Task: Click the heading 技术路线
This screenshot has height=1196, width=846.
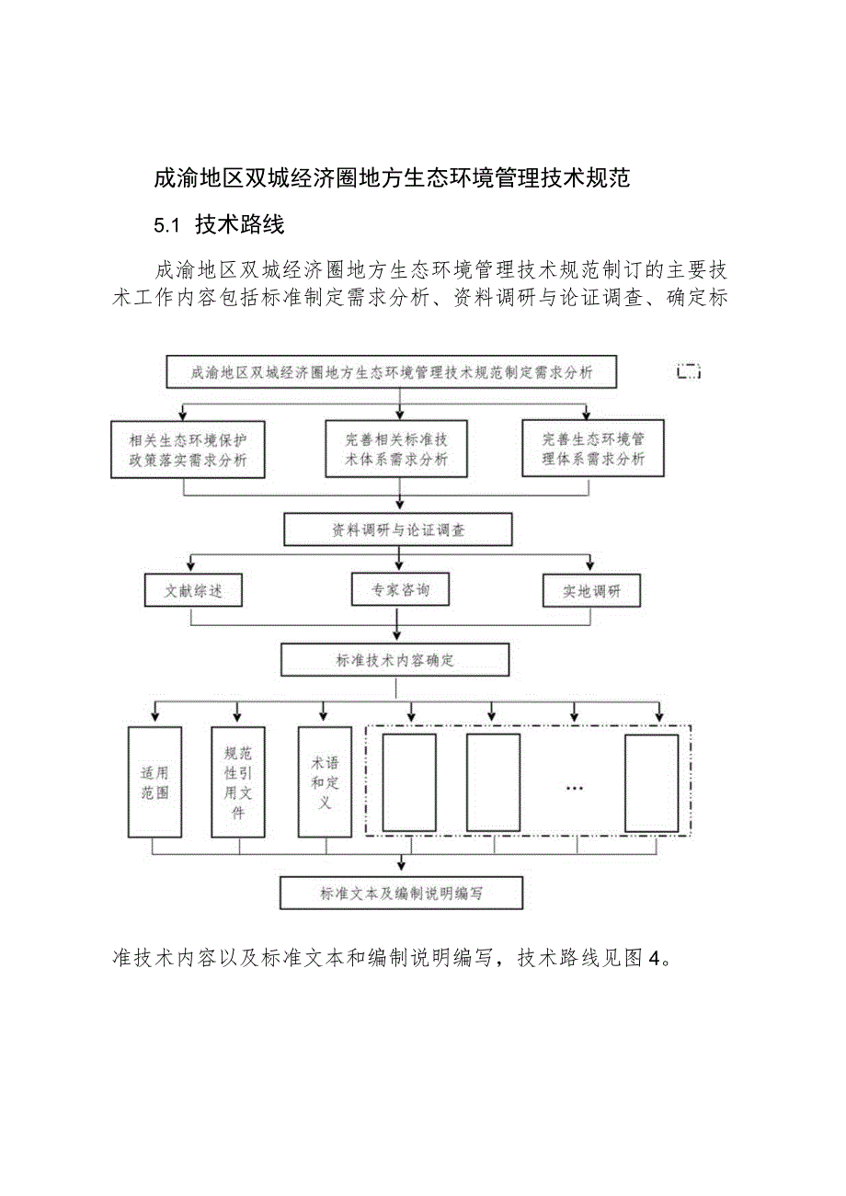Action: click(x=240, y=225)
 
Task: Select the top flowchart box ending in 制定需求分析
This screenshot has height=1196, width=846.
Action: click(x=392, y=373)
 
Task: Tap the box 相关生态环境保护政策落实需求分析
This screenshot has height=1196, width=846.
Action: click(x=187, y=450)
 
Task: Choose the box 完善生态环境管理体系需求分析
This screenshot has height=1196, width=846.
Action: click(x=593, y=450)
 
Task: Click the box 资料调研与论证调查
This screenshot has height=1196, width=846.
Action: click(x=398, y=530)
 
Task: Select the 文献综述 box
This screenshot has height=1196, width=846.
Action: click(x=193, y=591)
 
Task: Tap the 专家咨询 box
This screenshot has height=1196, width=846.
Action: click(x=400, y=590)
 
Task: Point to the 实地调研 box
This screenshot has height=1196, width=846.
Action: click(x=591, y=592)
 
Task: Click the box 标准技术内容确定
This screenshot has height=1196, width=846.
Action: click(x=395, y=660)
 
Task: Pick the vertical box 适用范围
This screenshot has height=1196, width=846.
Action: click(x=155, y=782)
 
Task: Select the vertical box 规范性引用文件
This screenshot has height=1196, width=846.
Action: click(x=237, y=782)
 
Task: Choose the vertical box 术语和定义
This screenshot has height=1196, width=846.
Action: click(x=324, y=782)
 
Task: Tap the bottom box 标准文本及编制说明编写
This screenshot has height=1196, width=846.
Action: click(x=401, y=894)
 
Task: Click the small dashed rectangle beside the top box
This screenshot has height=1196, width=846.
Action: click(x=689, y=372)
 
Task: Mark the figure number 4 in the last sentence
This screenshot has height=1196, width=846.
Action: click(x=655, y=959)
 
